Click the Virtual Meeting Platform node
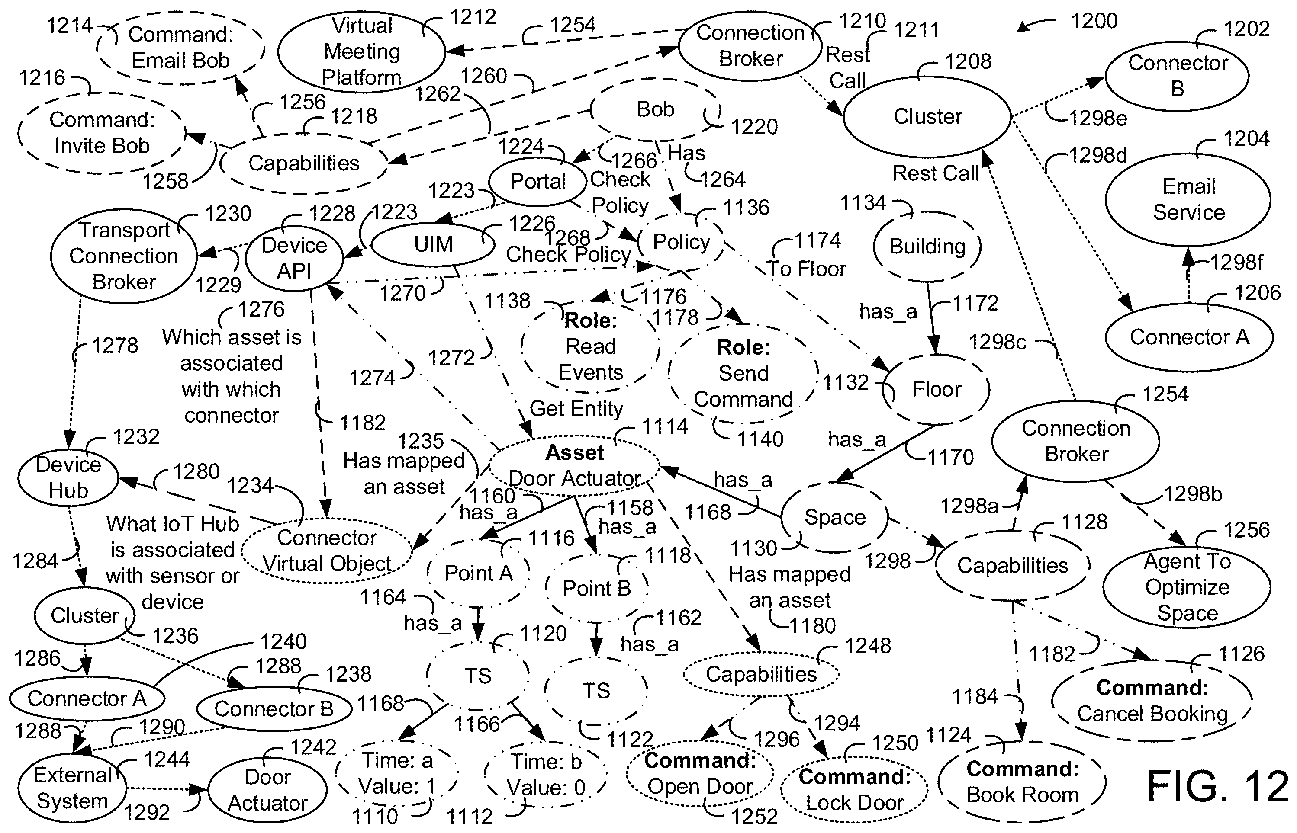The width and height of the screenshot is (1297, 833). coord(361,51)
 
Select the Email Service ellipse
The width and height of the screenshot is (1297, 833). coord(1188,199)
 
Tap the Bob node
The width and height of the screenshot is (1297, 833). coord(655,110)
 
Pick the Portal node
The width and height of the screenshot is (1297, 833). coord(537,181)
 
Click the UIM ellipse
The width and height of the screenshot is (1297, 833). coord(433,244)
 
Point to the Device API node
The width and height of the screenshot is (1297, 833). coord(294,259)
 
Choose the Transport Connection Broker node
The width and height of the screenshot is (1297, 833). coord(124,256)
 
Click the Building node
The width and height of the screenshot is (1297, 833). coord(927,247)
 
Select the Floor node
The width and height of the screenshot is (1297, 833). coord(936,389)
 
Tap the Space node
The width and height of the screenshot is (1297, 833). coord(835,517)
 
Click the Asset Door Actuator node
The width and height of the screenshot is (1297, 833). coord(574,466)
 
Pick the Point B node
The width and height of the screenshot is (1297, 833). coord(596,588)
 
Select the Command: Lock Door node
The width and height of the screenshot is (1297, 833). coord(854,790)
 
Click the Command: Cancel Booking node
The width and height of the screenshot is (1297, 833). coord(1152,701)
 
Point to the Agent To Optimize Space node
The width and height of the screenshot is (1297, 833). coord(1187,587)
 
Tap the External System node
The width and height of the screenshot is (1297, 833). coord(72,788)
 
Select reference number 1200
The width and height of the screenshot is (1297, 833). coord(1094,21)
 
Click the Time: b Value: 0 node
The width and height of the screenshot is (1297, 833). coord(545,775)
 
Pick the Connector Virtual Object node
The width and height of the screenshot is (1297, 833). coord(327,551)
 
